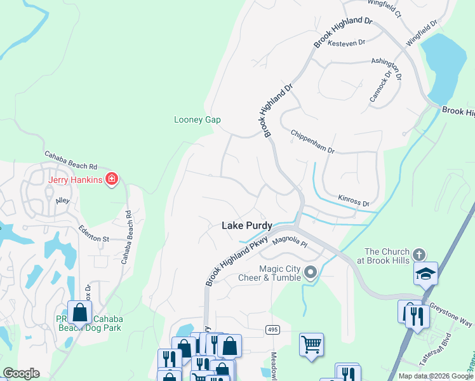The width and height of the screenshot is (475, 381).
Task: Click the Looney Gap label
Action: point(197,120)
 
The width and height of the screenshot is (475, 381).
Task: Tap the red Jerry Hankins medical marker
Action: point(112,180)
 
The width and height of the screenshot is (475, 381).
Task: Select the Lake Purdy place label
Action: point(247,225)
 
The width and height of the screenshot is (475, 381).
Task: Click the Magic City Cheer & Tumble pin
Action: point(311,273)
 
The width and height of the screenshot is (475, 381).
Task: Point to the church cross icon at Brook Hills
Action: point(418,255)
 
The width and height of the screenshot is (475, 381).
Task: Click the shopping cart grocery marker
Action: point(311,344)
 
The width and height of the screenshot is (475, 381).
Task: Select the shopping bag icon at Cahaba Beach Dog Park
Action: point(80,312)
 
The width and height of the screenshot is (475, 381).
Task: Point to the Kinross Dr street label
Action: point(354,203)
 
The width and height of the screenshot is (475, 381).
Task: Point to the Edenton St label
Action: point(94,234)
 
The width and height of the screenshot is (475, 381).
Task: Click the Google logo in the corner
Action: point(21,373)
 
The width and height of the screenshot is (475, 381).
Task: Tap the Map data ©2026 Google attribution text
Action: point(435,376)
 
